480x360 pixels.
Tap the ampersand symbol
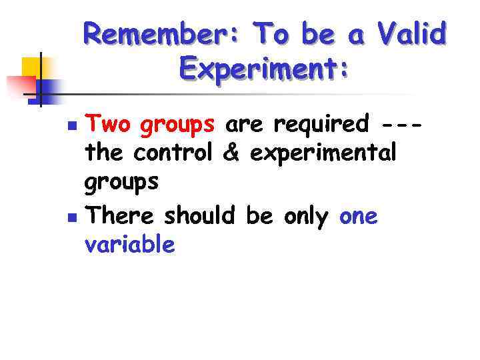point(231,153)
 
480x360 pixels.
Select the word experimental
point(323,153)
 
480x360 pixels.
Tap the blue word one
point(359,217)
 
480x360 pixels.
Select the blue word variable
point(130,245)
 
